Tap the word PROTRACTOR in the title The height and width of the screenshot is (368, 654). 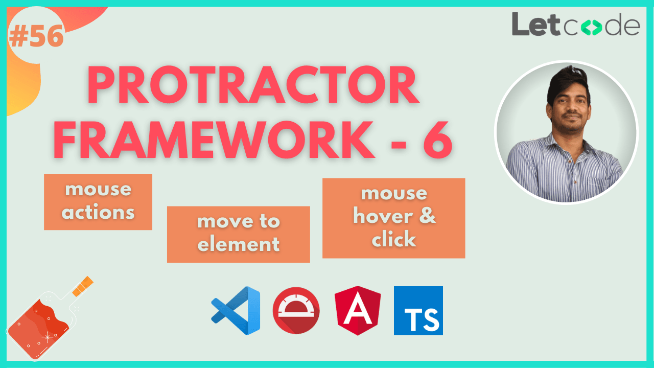point(254,87)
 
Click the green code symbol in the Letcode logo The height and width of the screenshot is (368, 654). point(591,27)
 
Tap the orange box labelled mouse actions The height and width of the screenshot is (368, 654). point(98,201)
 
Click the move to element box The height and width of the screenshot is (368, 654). point(238,234)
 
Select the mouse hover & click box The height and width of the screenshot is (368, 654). point(393,218)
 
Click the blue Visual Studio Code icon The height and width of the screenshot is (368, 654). point(236,310)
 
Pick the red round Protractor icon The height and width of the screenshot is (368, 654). point(296,311)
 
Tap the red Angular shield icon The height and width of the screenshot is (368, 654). point(358,311)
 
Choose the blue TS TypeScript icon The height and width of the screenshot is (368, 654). point(418,311)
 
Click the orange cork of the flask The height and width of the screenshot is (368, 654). point(83,286)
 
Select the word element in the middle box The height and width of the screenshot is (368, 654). point(238,245)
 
